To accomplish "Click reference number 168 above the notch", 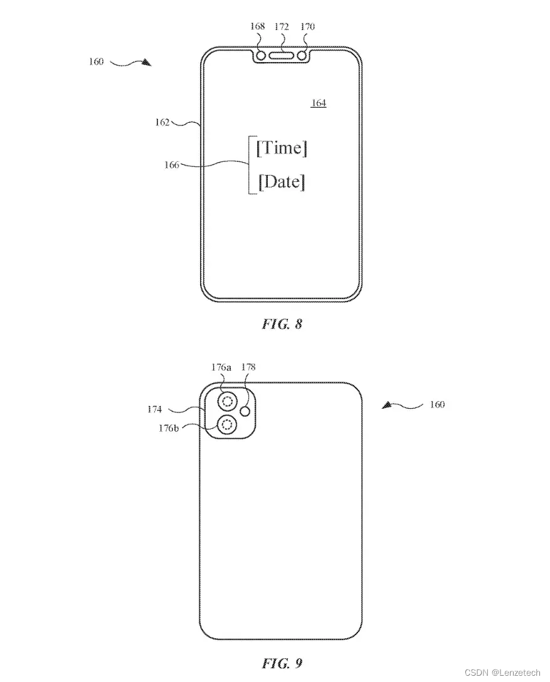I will tap(257, 27).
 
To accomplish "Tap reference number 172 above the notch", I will tap(282, 27).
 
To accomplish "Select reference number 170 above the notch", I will tap(307, 27).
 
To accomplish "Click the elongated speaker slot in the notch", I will tap(282, 56).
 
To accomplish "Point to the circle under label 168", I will tap(261, 56).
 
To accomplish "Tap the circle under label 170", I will tap(302, 56).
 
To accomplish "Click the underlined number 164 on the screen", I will tap(319, 103).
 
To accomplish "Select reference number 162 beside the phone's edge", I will tap(162, 122).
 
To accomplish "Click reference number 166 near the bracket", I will tap(172, 165).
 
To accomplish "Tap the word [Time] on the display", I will tap(282, 148).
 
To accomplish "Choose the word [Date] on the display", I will tap(282, 182).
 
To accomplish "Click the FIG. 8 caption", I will tap(282, 323).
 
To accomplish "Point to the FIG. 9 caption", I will tap(282, 663).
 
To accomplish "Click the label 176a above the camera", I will tap(221, 367).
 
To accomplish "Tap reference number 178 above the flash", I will tap(248, 367).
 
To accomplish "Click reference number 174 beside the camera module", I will tap(155, 409).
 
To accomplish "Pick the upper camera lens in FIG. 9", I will tap(227, 401).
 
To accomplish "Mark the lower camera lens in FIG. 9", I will tap(227, 424).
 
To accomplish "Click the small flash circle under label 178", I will tap(246, 411).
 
